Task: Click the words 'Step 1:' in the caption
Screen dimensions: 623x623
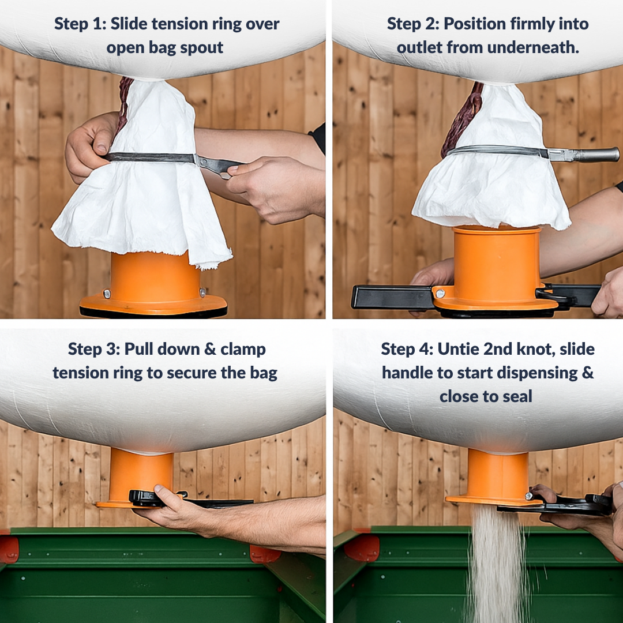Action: [80, 24]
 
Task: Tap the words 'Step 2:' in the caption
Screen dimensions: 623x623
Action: [413, 24]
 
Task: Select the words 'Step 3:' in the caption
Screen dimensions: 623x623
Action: [94, 349]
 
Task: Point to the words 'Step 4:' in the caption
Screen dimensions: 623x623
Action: [407, 349]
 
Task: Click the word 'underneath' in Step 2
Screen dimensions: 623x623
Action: [533, 47]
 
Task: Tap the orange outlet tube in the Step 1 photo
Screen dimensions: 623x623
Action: [155, 274]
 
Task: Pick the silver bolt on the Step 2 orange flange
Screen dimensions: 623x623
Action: [440, 294]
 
